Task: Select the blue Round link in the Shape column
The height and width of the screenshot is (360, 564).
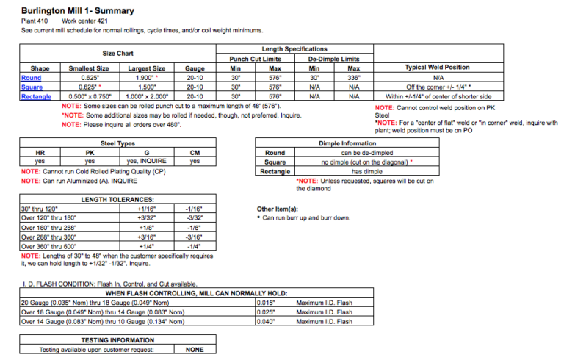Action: tap(32, 78)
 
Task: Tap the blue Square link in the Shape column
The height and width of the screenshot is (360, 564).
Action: tap(32, 87)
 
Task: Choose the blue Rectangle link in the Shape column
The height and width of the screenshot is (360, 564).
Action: tap(36, 96)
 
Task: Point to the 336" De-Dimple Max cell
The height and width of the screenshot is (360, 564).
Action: tap(353, 78)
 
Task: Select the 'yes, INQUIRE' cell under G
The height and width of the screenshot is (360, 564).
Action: tap(147, 162)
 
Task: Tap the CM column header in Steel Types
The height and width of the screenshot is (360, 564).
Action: tap(195, 153)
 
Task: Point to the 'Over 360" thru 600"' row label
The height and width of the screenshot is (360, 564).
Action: tap(49, 246)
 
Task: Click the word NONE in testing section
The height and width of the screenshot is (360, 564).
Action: tap(195, 350)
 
